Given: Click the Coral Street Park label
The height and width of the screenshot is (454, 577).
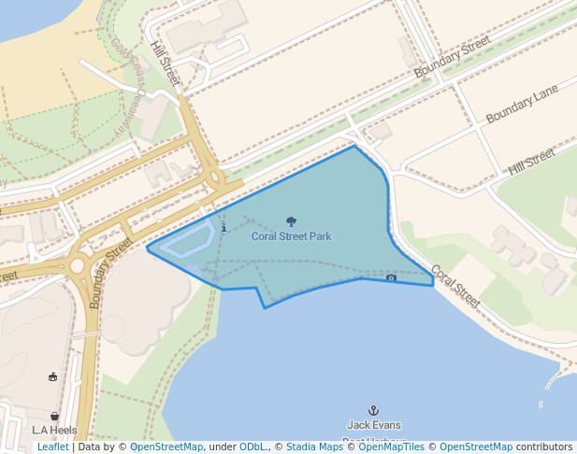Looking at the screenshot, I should point(291,237).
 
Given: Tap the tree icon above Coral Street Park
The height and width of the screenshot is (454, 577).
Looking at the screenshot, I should point(291,222).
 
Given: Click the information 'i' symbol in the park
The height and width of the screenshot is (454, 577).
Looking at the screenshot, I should point(224,228).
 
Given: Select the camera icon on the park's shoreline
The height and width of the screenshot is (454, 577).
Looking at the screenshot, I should point(391,277).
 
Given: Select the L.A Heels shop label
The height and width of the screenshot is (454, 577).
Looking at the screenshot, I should point(54,431).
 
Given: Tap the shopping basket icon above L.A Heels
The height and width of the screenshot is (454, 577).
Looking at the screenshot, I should point(54,416).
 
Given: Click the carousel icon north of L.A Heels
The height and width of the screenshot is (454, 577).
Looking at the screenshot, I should point(52,376).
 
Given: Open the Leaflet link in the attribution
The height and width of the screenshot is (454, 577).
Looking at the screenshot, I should point(52,447).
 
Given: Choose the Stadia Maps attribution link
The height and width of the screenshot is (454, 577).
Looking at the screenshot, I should point(314,447).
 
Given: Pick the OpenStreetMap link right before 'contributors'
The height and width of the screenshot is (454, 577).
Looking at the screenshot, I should point(475,447).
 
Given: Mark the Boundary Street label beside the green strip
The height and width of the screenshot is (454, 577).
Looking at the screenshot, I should point(453,58).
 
